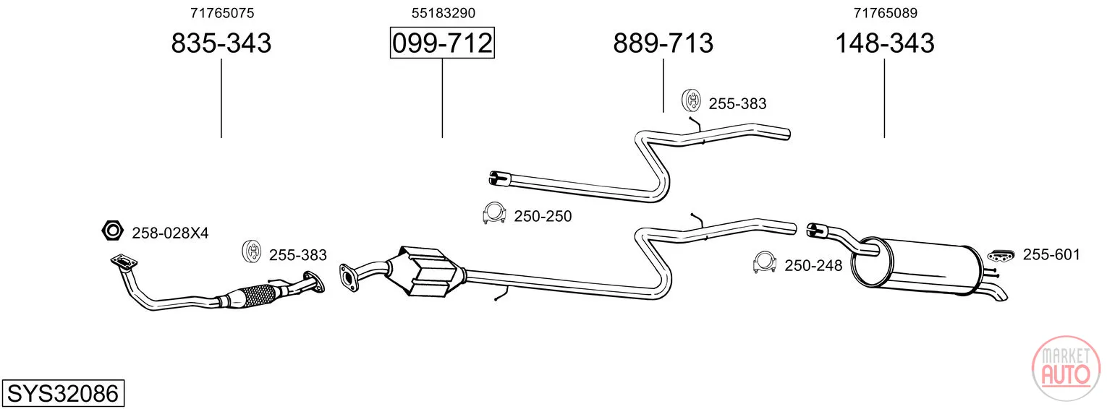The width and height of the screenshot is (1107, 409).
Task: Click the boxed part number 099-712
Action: click(442, 43)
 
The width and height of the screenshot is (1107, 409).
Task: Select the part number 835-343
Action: click(221, 43)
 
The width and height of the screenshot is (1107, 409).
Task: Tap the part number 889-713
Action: click(663, 43)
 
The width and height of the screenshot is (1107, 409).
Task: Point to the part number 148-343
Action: click(885, 43)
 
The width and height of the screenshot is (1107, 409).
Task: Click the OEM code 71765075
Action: click(222, 13)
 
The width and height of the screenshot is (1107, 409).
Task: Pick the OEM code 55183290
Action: click(444, 13)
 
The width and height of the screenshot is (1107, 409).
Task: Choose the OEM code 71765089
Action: click(886, 13)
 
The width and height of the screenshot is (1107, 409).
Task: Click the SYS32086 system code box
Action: click(63, 393)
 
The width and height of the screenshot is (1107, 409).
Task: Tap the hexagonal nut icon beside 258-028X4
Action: click(113, 230)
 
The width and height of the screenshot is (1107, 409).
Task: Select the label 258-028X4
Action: click(170, 233)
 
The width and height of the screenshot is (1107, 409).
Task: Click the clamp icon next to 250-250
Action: click(493, 212)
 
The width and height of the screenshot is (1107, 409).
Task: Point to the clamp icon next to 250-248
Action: click(764, 262)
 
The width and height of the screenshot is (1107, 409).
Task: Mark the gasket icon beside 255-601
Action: click(1001, 255)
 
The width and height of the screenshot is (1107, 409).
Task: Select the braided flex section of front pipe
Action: click(257, 295)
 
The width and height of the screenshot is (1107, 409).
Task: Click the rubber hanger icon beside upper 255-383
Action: click(692, 100)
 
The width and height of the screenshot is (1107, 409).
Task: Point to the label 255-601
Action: click(1051, 254)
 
